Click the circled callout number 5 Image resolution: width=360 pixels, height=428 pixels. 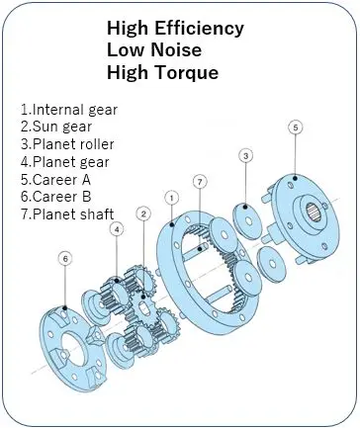click(x=296, y=128)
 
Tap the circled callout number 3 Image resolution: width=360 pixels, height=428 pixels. click(x=246, y=154)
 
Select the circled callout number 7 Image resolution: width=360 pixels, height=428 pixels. click(x=200, y=182)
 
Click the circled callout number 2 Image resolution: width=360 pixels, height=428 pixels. click(x=143, y=214)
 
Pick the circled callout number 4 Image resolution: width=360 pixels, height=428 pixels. click(x=117, y=229)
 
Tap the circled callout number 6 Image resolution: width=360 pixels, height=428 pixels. click(x=65, y=259)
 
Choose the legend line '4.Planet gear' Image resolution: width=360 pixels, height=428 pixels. click(x=65, y=162)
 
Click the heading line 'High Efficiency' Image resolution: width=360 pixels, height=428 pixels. click(x=176, y=29)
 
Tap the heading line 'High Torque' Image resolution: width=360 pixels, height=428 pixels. click(x=162, y=72)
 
